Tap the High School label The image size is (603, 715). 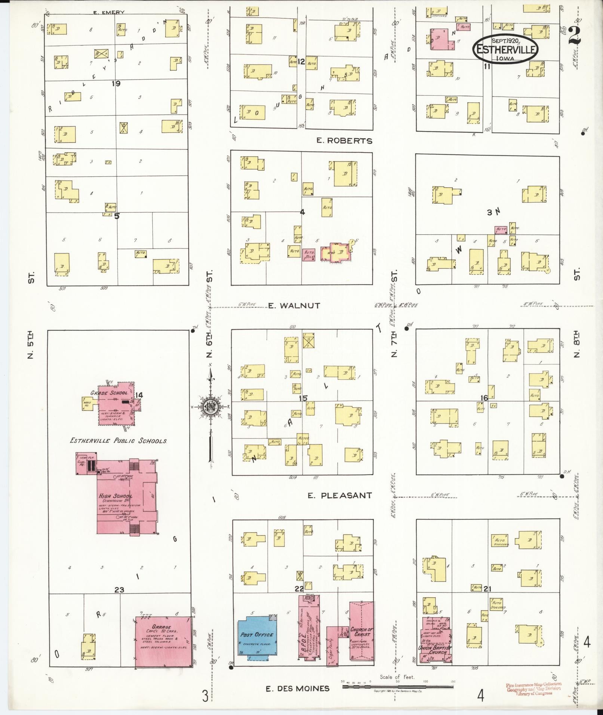pos(115,496)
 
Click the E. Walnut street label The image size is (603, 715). pos(294,306)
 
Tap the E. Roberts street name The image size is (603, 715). pos(344,141)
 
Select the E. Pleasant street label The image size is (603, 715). pos(339,496)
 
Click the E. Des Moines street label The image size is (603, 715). pos(298,688)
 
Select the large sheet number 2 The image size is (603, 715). pos(574,36)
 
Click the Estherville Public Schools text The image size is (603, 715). pos(118,441)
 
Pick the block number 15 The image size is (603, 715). pos(303,398)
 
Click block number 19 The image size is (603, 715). pos(116,84)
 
